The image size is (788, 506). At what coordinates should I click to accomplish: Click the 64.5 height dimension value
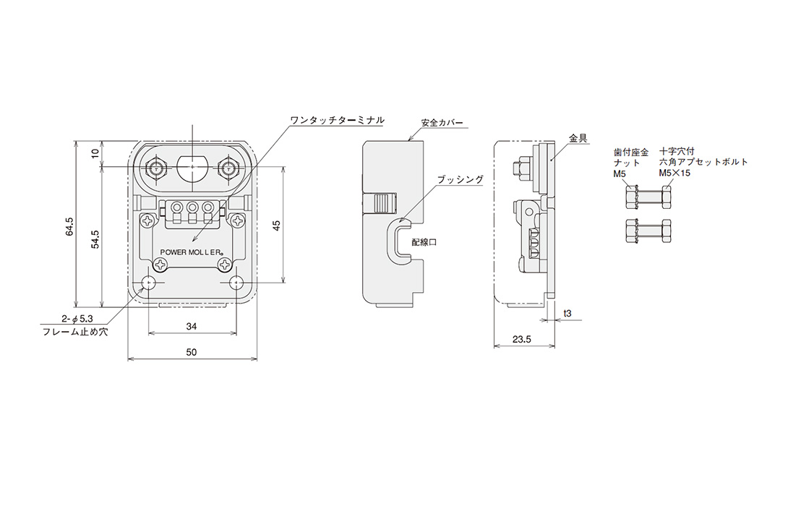69,227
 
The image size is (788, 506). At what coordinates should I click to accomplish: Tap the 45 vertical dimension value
276,226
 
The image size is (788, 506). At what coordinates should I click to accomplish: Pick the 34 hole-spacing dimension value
192,327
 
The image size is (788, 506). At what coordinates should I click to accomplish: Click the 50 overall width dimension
192,352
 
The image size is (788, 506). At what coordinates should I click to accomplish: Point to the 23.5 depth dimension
522,340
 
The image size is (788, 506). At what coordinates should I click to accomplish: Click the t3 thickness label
567,314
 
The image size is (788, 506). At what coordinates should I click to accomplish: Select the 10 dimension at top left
95,153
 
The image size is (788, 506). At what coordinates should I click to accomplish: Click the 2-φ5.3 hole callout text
77,319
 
